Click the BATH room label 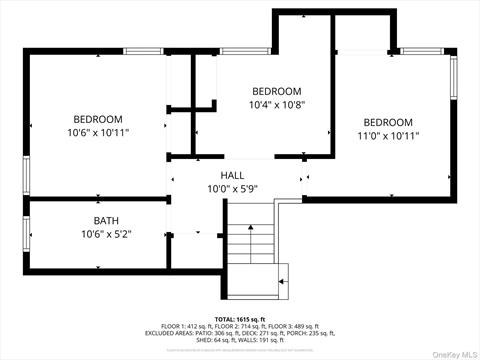pyautogui.click(x=106, y=220)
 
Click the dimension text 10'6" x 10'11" pyautogui.click(x=98, y=132)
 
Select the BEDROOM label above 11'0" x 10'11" pyautogui.click(x=388, y=122)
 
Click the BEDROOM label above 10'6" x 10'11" pyautogui.click(x=98, y=119)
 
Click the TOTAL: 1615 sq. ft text pyautogui.click(x=240, y=319)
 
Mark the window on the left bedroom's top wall pyautogui.click(x=143, y=51)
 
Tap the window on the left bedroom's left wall pyautogui.click(x=27, y=171)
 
